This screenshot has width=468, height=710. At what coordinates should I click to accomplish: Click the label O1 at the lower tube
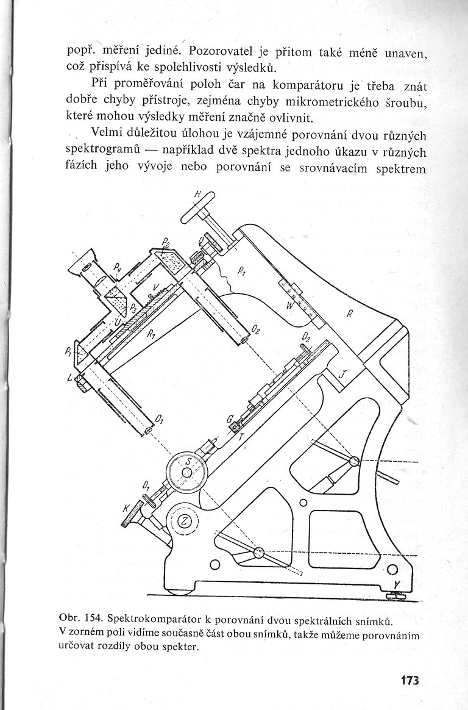(x=160, y=420)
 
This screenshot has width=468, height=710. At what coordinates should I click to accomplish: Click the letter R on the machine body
(x=349, y=315)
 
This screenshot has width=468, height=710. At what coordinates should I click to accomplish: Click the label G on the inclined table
(x=230, y=420)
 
